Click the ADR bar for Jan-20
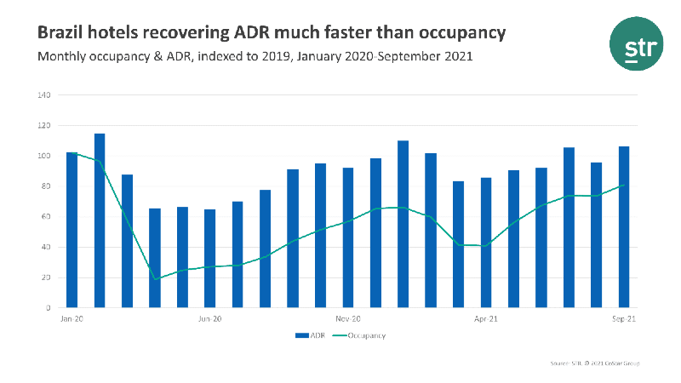pos(72,230)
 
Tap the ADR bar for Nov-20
pos(348,237)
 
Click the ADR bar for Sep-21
pos(624,226)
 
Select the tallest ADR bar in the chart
pos(100,220)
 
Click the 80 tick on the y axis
pos(46,186)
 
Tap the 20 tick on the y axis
pos(46,277)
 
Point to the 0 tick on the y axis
pos(49,308)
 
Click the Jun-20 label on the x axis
pos(210,319)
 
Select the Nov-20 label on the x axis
pos(348,319)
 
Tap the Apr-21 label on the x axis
pos(486,319)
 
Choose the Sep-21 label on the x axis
pos(624,319)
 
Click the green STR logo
pos(634,45)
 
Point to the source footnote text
pos(595,363)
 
